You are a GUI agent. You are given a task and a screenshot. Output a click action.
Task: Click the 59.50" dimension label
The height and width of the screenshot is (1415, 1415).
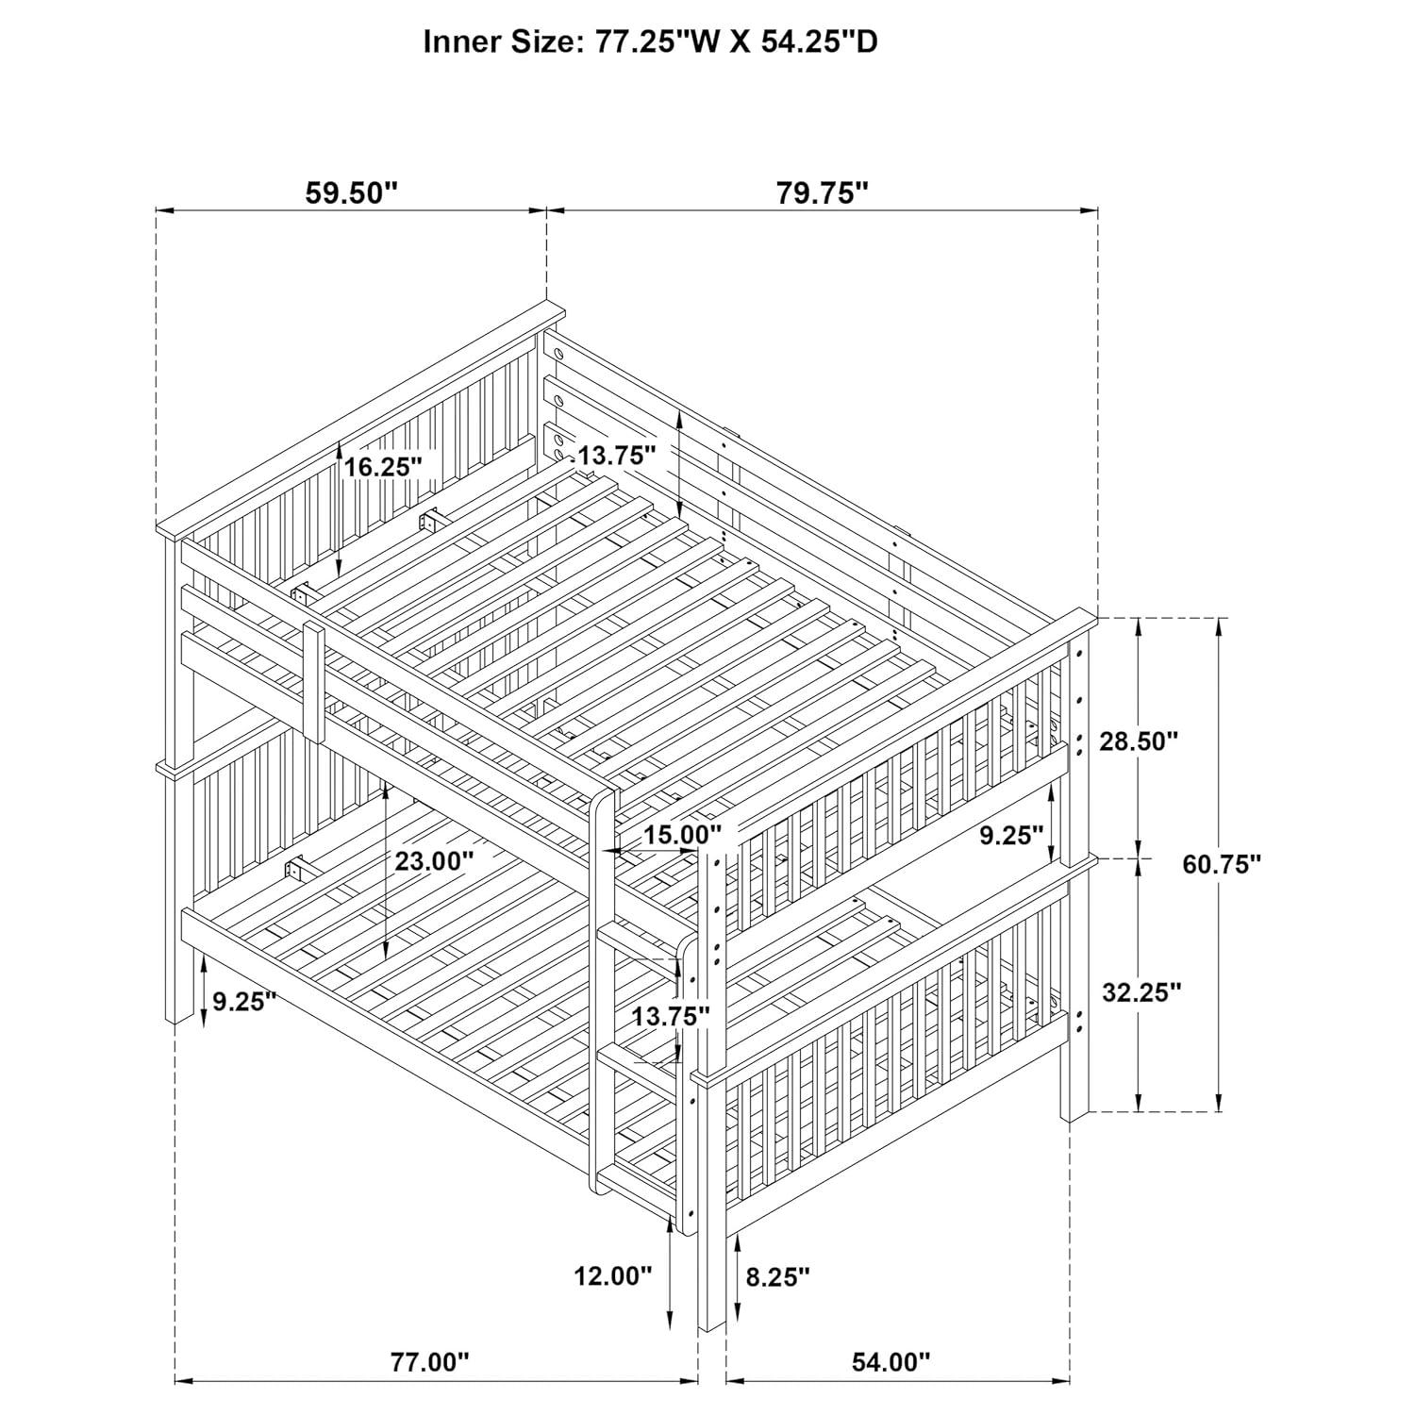(x=351, y=193)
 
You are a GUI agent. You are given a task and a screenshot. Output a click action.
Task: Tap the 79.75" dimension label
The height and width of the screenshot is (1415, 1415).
(x=822, y=193)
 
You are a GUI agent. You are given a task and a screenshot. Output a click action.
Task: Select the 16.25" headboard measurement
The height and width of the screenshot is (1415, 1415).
(x=382, y=466)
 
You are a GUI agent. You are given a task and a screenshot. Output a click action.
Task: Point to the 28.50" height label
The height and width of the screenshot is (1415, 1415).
(x=1139, y=741)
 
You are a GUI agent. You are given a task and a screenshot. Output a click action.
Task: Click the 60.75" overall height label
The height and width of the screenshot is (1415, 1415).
(x=1222, y=863)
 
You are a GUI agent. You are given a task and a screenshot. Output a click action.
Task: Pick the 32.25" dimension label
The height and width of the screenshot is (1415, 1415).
(x=1141, y=991)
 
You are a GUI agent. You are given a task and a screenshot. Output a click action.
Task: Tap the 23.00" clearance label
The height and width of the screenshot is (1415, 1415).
(x=434, y=860)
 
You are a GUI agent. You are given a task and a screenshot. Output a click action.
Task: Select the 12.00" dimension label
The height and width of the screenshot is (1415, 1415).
(x=613, y=1276)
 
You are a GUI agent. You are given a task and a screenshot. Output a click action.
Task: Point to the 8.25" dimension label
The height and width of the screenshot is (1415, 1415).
(x=777, y=1277)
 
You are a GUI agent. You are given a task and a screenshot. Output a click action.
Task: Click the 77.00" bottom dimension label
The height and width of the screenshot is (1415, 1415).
(x=430, y=1362)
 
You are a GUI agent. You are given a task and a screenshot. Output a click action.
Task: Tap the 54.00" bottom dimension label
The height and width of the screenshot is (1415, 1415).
(x=891, y=1362)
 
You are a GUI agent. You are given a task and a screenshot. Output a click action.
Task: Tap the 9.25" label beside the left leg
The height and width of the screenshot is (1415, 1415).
(x=243, y=1001)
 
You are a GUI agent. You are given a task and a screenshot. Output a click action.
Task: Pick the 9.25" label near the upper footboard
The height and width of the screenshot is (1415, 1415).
(x=1010, y=835)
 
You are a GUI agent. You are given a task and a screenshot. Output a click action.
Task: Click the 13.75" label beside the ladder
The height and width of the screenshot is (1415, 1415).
(x=671, y=1016)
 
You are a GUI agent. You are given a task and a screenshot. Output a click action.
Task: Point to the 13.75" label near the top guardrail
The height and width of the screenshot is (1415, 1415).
(x=616, y=456)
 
